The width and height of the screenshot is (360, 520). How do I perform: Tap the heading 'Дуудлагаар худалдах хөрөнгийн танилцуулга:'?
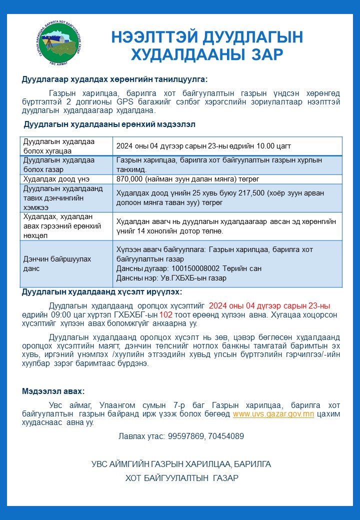(114, 79)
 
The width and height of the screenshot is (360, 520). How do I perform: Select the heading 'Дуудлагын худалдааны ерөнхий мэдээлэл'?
(109, 123)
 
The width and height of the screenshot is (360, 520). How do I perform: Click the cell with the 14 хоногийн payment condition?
(226, 226)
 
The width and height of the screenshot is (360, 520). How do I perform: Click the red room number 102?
(165, 315)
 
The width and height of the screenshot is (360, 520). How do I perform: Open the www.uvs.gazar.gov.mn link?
(273, 414)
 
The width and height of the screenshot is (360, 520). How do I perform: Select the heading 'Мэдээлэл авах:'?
(53, 391)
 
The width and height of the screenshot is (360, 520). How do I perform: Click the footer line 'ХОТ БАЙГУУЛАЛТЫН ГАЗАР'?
(181, 478)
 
